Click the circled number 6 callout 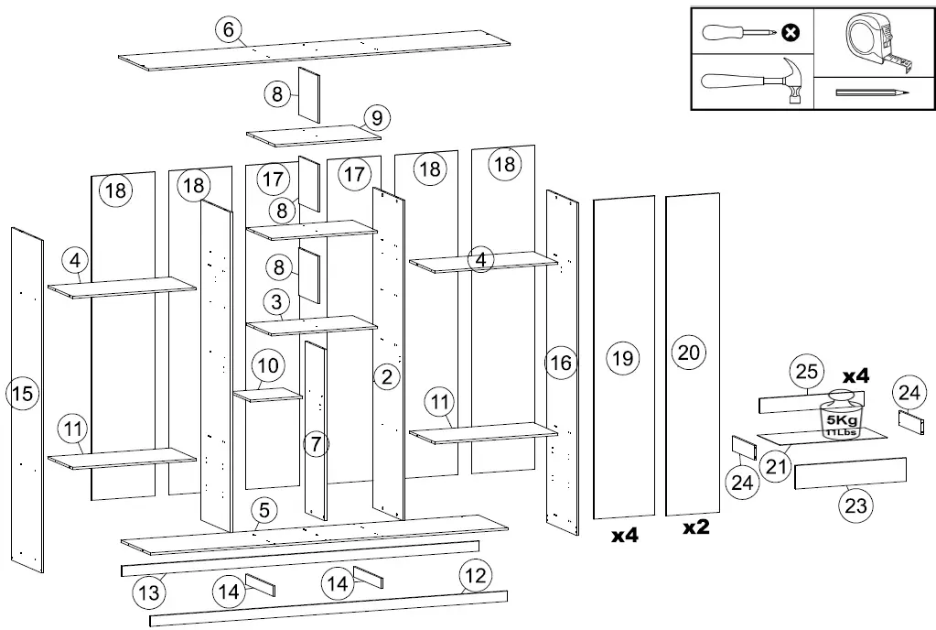click(230, 29)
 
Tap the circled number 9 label click(375, 118)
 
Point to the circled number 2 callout click(387, 375)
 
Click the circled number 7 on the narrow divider click(316, 445)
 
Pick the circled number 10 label click(266, 365)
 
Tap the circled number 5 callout click(263, 511)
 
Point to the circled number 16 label click(561, 363)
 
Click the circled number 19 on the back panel click(623, 357)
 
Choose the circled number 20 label click(691, 352)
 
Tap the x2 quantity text click(696, 528)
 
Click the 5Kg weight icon click(840, 413)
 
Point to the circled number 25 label click(806, 373)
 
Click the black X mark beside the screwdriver click(791, 33)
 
